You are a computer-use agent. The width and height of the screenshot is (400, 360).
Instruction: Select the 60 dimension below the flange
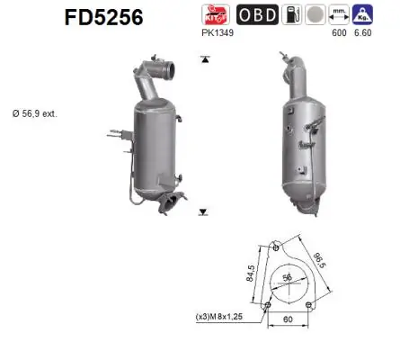point(288,319)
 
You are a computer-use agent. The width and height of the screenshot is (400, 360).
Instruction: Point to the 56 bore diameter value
point(287,278)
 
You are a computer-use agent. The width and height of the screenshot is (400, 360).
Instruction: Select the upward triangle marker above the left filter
point(206,58)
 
